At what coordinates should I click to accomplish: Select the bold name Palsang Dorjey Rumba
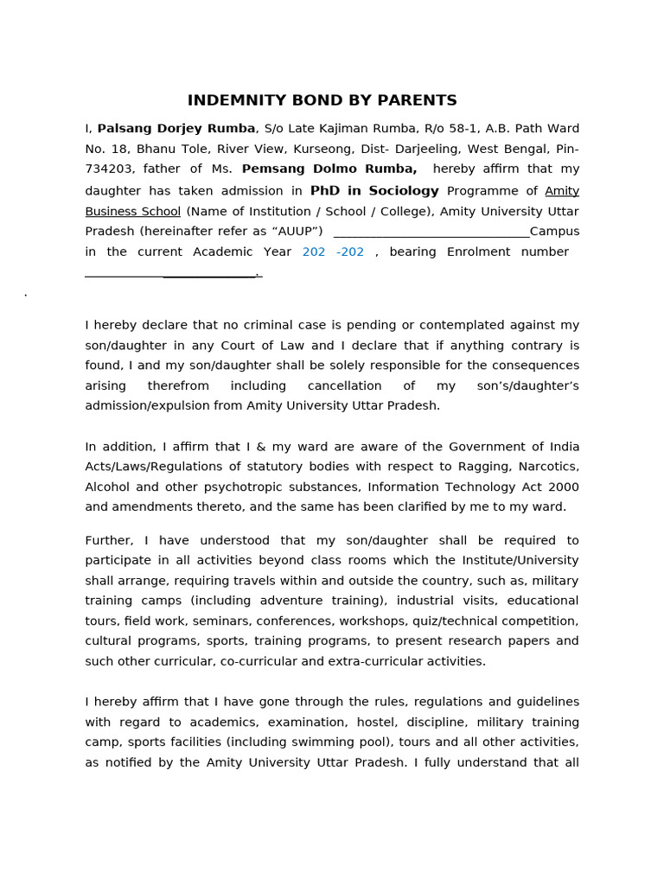(176, 129)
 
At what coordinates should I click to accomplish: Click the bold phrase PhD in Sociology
(374, 191)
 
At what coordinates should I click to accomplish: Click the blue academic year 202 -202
(333, 252)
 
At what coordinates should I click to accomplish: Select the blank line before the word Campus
(431, 232)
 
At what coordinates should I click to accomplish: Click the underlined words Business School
(133, 212)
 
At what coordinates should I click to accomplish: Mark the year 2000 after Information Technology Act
(563, 487)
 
